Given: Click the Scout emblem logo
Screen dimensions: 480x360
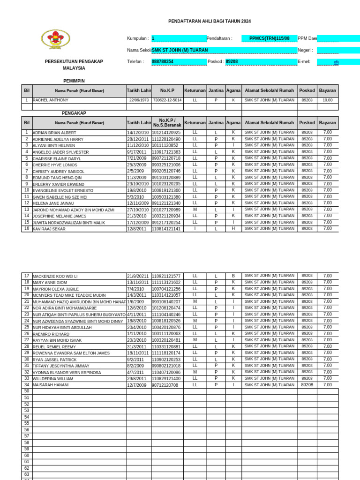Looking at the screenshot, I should pos(56,39).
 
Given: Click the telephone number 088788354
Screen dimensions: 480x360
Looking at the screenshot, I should pos(163,61).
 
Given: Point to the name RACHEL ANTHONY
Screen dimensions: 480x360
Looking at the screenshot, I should pos(51,100).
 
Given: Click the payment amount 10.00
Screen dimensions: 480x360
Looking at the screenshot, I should pos(327,100).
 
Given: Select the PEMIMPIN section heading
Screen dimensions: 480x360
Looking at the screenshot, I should pos(74,81).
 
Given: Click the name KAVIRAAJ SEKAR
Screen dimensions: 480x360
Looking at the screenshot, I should pos(49,229).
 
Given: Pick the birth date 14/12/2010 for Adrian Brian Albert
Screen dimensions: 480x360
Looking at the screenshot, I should pos(138,133).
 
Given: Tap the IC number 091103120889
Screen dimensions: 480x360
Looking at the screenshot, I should pos(166,178).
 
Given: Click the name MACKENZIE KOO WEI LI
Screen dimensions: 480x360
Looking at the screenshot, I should pos(55,277).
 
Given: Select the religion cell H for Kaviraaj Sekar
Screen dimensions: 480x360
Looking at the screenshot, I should pos(233,229).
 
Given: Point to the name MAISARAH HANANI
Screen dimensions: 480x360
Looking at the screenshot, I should pos(51,385).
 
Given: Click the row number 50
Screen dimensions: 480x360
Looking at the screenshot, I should pos(27,391).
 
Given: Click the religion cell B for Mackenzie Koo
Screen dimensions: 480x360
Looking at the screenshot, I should pos(233,276).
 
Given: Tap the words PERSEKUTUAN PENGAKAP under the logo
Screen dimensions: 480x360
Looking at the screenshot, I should pos(74,61).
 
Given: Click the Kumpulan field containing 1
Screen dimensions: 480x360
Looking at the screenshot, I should pos(179,38).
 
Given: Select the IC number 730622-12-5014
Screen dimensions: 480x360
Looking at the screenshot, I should pos(167,100).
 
